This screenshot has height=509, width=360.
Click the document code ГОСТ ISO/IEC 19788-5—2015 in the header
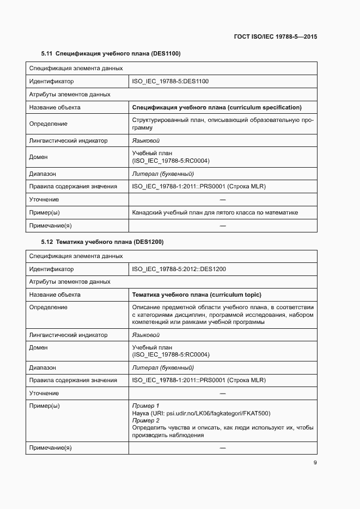276,36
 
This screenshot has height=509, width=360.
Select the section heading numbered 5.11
111,54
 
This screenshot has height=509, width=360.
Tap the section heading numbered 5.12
102,242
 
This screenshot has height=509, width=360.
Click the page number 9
315,463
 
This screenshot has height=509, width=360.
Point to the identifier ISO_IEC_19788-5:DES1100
170,82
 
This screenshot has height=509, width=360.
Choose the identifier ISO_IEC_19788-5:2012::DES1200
179,269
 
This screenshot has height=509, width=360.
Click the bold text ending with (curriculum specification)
217,107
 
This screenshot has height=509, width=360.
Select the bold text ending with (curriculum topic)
197,295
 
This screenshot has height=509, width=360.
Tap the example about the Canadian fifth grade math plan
215,212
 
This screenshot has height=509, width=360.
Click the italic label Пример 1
145,406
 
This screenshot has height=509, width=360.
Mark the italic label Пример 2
145,421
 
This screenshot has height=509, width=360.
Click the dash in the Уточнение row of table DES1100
222,200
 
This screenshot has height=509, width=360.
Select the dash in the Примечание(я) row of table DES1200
222,448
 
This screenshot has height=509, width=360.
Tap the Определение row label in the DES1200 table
48,308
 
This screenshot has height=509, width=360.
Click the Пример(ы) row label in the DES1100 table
45,212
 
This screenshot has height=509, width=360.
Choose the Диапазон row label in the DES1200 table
42,368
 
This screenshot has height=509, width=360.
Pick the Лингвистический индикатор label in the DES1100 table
68,140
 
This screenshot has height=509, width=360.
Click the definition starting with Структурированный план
222,124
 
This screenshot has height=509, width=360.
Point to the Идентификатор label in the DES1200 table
51,269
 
